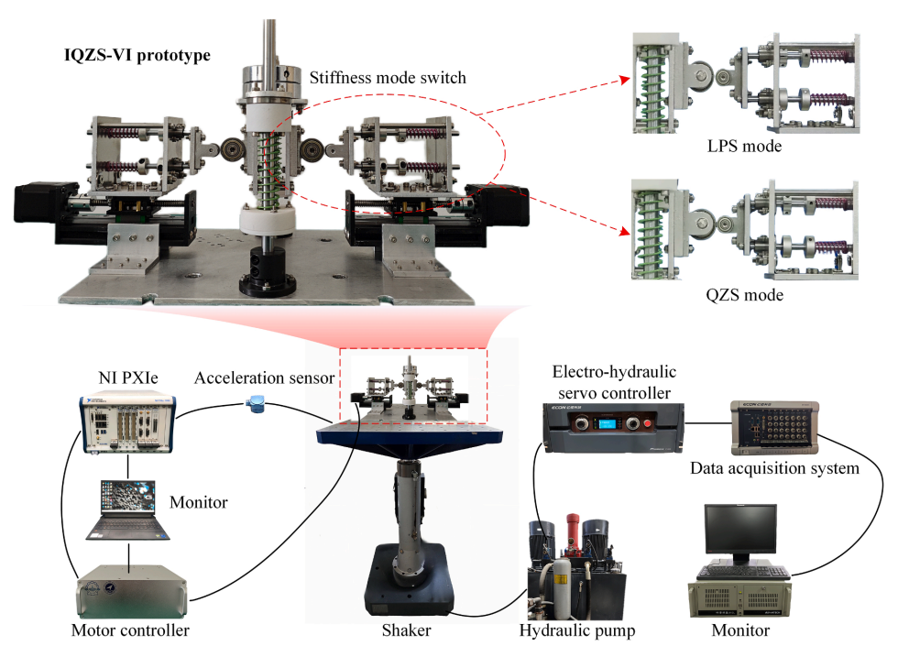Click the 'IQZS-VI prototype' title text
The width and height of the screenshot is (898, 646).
coord(134,55)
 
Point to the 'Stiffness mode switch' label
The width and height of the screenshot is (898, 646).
coord(387,78)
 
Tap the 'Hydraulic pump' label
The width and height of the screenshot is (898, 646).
coord(576,630)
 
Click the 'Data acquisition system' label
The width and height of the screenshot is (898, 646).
coord(774,469)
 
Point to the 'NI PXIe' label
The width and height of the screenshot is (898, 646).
coord(126,378)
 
